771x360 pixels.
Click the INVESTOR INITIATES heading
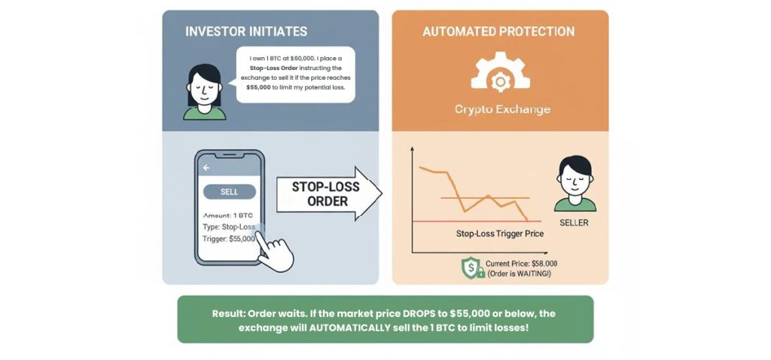pyautogui.click(x=245, y=32)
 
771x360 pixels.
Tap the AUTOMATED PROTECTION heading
pyautogui.click(x=498, y=32)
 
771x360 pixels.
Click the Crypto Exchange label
pyautogui.click(x=502, y=109)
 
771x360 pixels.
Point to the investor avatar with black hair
pyautogui.click(x=204, y=92)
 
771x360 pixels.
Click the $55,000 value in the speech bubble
pyautogui.click(x=261, y=87)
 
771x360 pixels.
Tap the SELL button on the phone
pyautogui.click(x=229, y=192)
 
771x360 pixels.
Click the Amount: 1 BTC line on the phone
pyautogui.click(x=228, y=215)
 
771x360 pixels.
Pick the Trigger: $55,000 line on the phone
pyautogui.click(x=229, y=239)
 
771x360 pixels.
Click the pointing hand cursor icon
pyautogui.click(x=274, y=252)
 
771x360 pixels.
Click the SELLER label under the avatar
pyautogui.click(x=574, y=223)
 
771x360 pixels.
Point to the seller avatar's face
pyautogui.click(x=574, y=181)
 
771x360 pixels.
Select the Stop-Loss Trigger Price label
pyautogui.click(x=500, y=233)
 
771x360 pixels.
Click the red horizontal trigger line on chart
pyautogui.click(x=437, y=221)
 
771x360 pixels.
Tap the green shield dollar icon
pyautogui.click(x=472, y=268)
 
